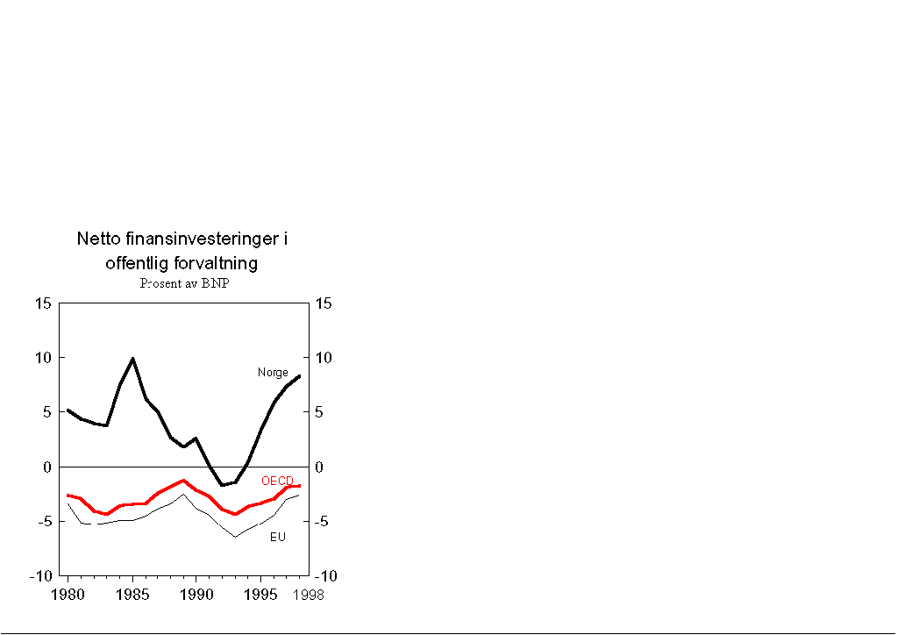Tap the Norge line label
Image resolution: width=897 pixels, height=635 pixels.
[x=273, y=373]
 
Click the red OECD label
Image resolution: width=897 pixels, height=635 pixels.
[x=277, y=481]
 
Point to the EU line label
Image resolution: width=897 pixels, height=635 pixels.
[x=277, y=537]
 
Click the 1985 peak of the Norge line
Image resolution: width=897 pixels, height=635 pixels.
[x=132, y=358]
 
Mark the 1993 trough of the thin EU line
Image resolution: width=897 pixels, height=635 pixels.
[x=235, y=537]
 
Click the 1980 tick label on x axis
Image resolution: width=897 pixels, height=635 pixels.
[x=68, y=594]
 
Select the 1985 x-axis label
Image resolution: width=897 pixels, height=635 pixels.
[x=132, y=594]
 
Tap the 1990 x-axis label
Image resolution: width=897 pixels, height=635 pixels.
[x=196, y=594]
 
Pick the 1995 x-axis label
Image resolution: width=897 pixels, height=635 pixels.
[x=260, y=594]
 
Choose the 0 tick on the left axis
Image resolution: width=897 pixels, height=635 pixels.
[x=46, y=467]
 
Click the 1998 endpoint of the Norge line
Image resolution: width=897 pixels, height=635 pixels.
[x=299, y=376]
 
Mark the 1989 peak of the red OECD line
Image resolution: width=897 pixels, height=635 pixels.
[x=183, y=481]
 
